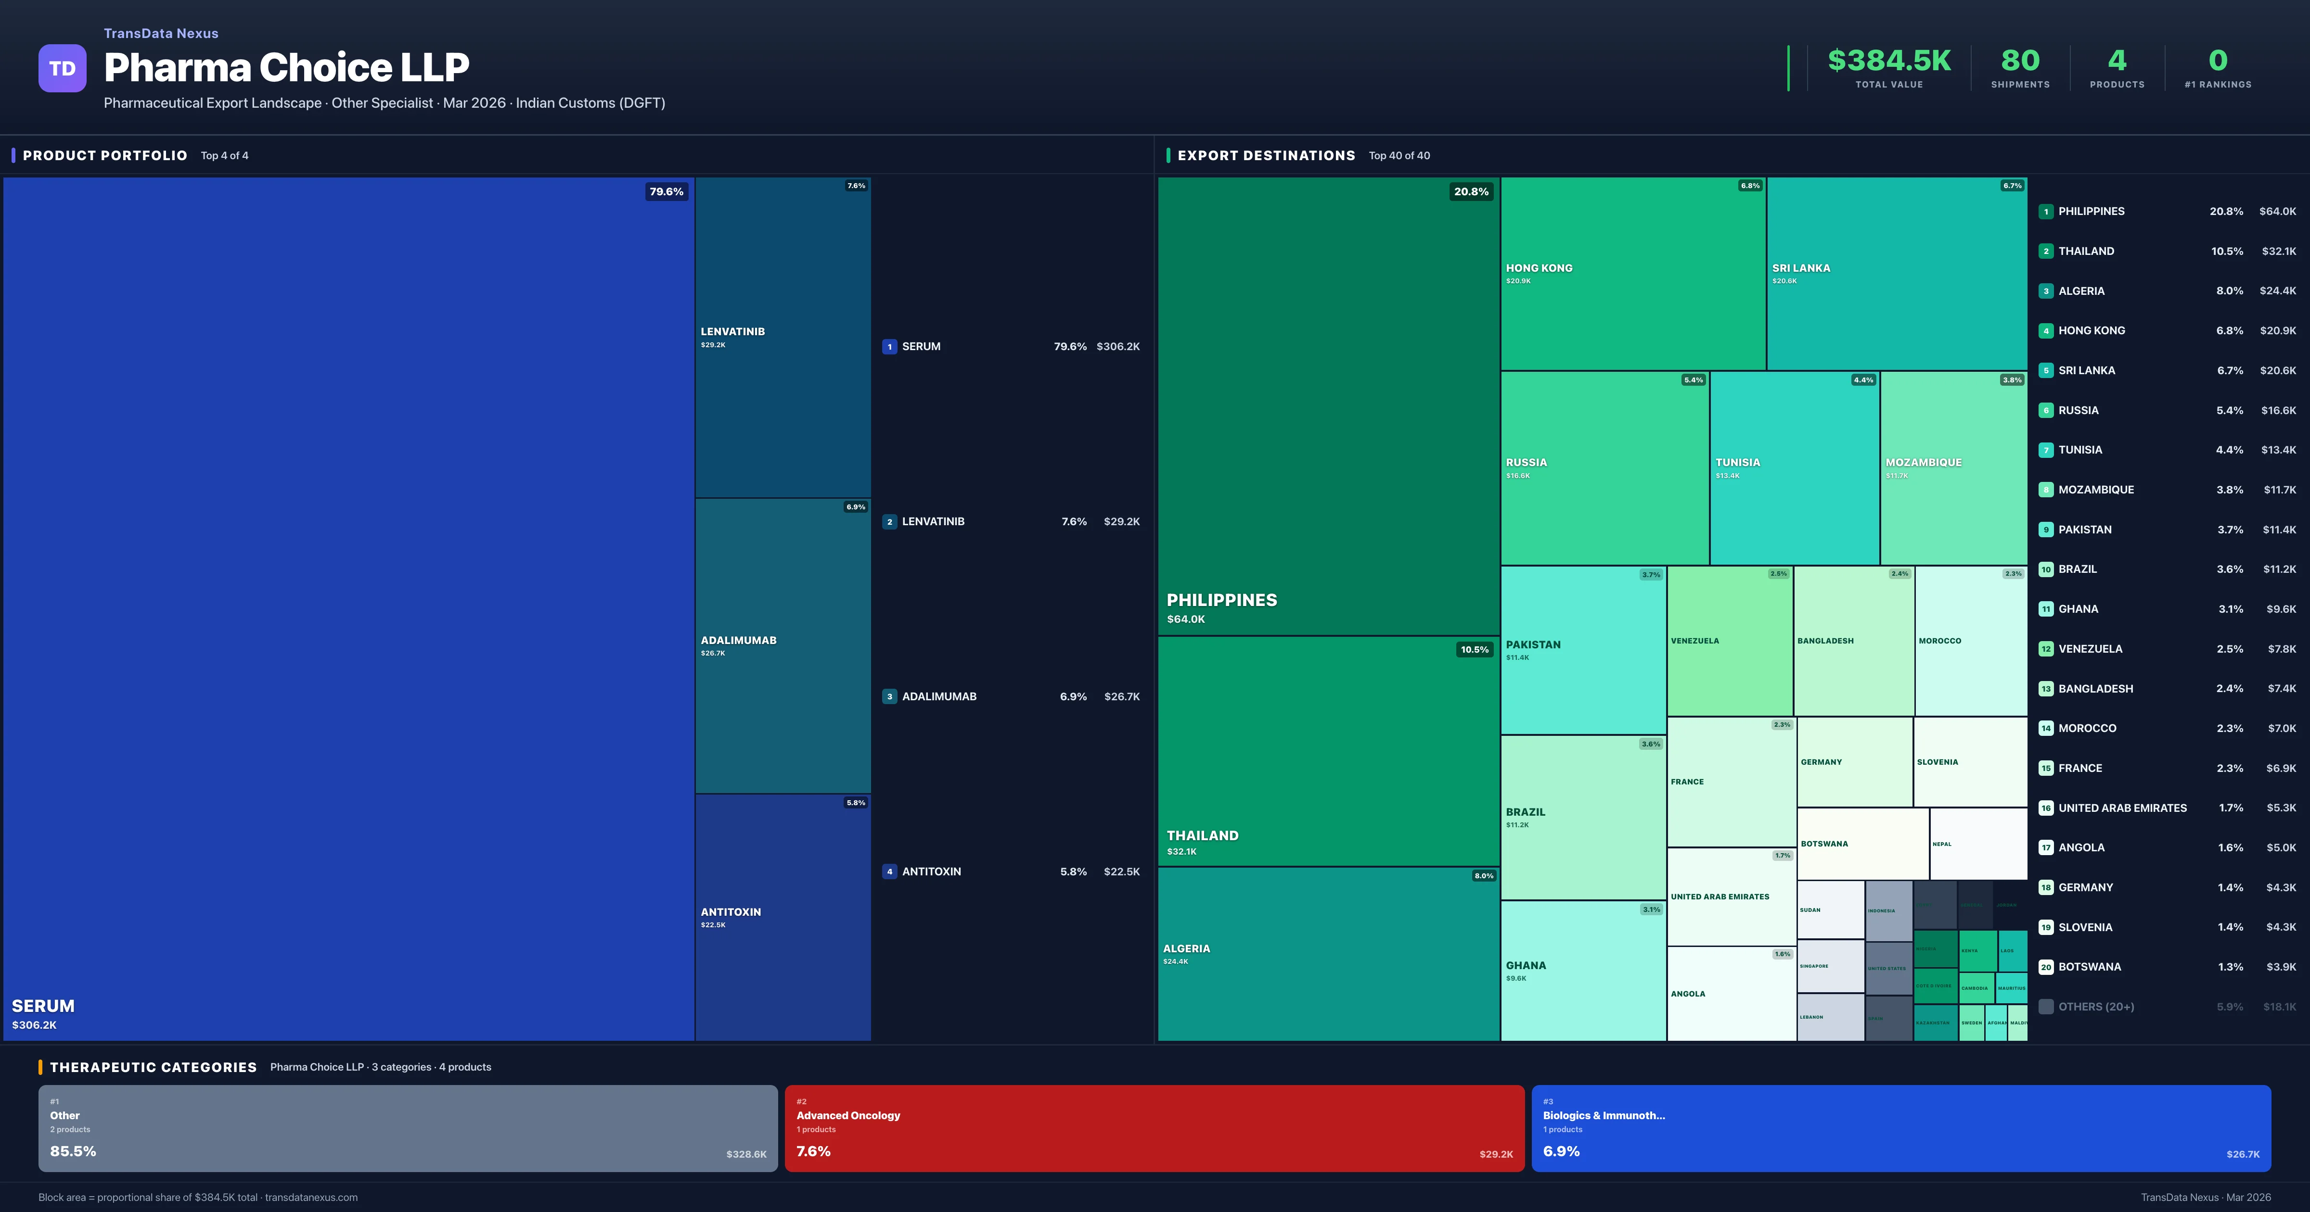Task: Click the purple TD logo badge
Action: click(x=62, y=68)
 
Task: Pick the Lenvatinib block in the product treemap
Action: click(x=782, y=337)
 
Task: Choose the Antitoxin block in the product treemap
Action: click(x=782, y=916)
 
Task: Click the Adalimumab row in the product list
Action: click(x=1011, y=696)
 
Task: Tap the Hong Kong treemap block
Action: click(x=1632, y=273)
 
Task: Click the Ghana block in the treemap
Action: click(x=1583, y=970)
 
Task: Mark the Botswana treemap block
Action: click(x=1861, y=844)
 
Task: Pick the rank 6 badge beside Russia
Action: click(x=2045, y=411)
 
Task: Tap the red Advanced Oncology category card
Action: click(x=1154, y=1128)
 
